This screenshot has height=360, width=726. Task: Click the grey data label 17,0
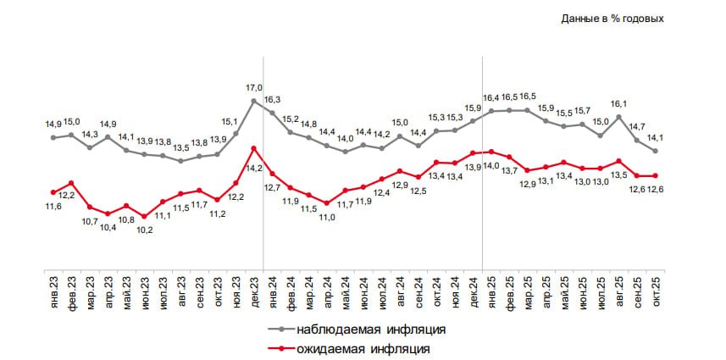(x=254, y=87)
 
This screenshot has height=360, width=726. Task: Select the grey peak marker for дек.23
(x=254, y=102)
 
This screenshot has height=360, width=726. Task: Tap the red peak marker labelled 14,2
(x=254, y=148)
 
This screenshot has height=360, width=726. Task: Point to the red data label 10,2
(x=145, y=230)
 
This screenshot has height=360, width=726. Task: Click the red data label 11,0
(x=327, y=218)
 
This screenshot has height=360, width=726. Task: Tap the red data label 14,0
(x=492, y=167)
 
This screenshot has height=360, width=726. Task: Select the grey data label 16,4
(x=492, y=97)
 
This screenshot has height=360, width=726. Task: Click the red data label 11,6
(x=54, y=208)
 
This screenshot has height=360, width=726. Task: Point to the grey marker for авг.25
(x=620, y=117)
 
